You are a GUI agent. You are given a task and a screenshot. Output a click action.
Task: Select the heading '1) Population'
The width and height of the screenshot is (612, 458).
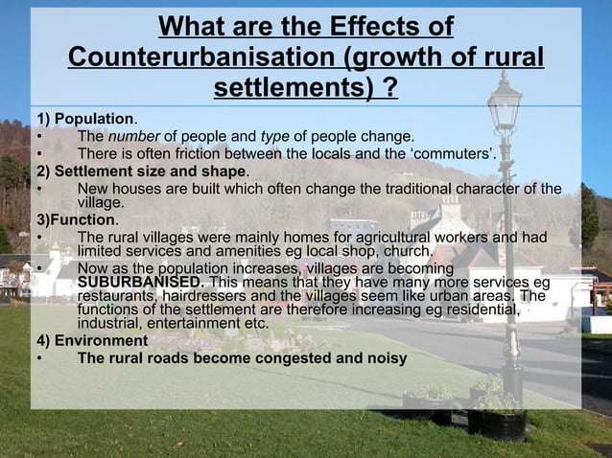coord(84,119)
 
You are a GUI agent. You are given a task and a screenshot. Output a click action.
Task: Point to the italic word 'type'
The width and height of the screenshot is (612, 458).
coord(275,136)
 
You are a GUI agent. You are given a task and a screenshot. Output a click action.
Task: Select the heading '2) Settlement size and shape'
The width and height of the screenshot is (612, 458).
coord(142,172)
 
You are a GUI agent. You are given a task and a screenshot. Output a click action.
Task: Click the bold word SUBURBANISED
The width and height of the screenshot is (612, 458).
coord(140,283)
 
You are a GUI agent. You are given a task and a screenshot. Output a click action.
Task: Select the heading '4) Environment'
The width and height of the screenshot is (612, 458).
coord(92,340)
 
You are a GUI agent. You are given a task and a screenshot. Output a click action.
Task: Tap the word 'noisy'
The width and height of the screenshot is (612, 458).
coord(386,358)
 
